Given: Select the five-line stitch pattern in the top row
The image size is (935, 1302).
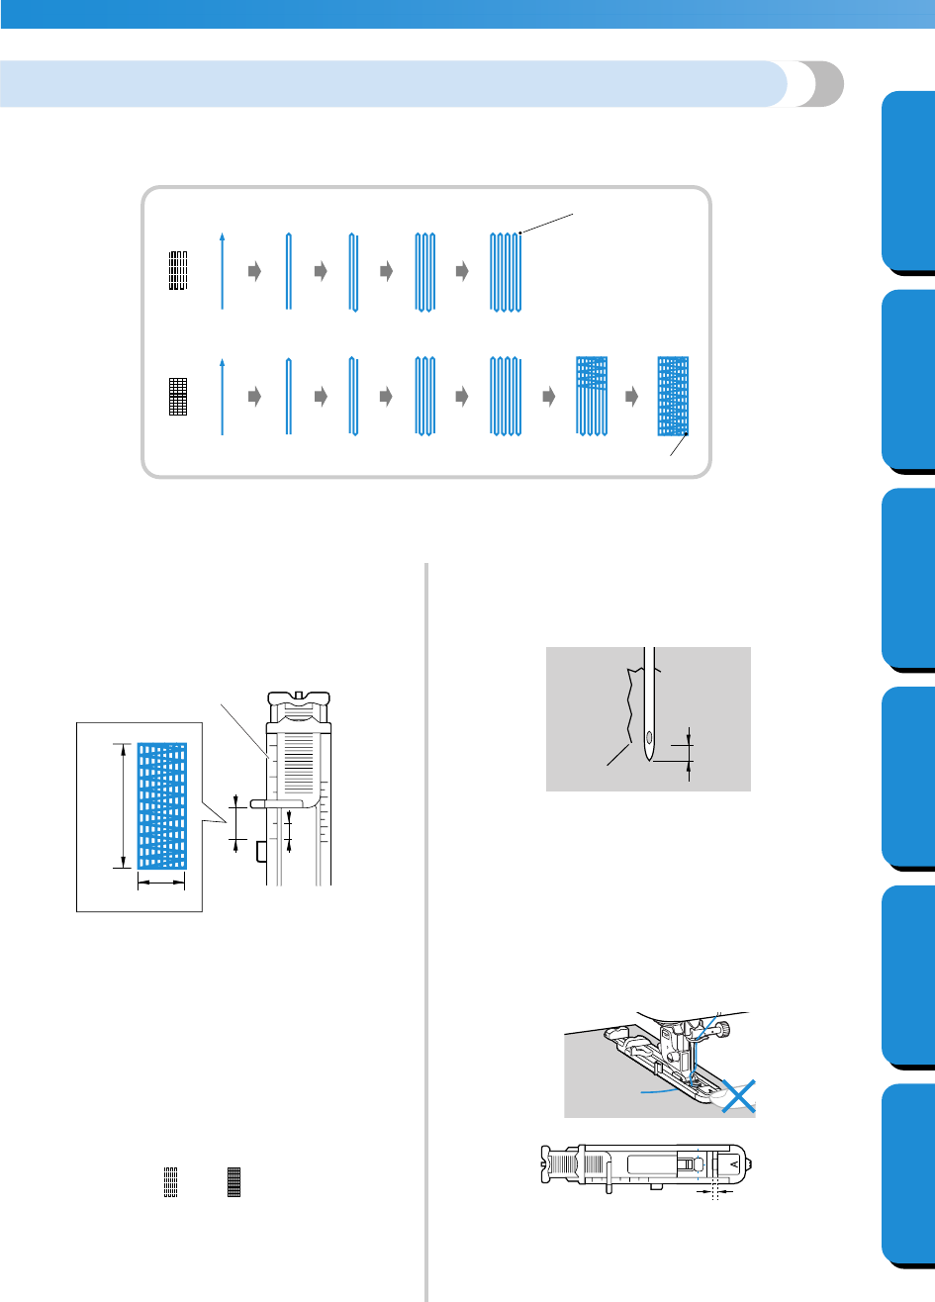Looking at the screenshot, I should (x=506, y=272).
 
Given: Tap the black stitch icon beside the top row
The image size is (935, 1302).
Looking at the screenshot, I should (x=178, y=270).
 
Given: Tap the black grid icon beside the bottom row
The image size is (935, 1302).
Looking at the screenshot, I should (x=178, y=396).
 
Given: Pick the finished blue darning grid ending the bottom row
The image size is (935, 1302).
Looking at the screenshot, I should (x=673, y=396).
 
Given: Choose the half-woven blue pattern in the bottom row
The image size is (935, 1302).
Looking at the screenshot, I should (x=591, y=395).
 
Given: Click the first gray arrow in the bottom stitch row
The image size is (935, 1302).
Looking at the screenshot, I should (x=254, y=396).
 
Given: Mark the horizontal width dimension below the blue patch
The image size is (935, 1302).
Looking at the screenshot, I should (x=161, y=884).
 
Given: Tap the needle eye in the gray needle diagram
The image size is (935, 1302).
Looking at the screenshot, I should (x=649, y=737).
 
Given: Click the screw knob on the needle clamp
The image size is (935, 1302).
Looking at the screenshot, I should (x=727, y=1030).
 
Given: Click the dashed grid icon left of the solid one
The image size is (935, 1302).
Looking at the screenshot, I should (x=170, y=1180).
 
